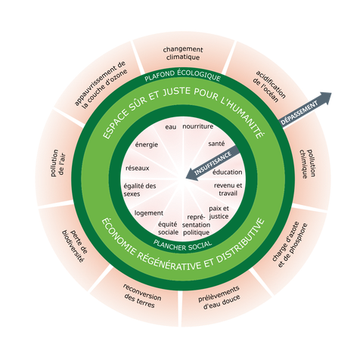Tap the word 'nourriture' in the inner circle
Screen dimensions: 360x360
197,126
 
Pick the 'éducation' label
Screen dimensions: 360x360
227,172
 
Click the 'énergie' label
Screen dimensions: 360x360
146,144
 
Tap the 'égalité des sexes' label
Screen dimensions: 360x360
139,189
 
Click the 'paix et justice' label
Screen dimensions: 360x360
219,211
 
